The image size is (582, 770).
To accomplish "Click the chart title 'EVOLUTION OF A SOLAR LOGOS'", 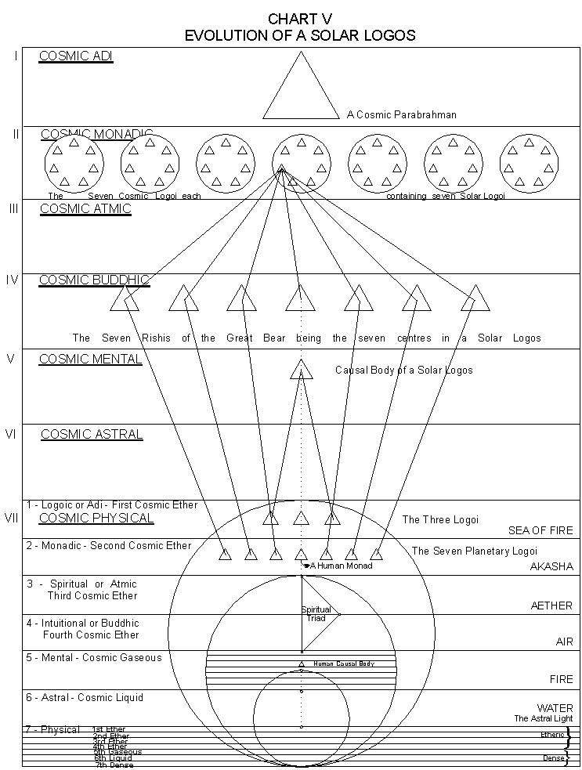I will coord(300,35).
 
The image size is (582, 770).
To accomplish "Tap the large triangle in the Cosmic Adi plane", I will coord(301,90).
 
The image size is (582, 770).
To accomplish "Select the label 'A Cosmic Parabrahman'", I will coord(402,114).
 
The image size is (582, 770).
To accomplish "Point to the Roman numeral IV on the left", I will coord(12,280).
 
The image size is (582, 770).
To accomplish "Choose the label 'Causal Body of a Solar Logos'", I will coord(403,370).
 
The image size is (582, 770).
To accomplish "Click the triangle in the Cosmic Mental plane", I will coord(301,369).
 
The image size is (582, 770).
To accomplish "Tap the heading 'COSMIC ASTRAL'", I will coord(92,434).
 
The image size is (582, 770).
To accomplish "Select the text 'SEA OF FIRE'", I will coord(540,530).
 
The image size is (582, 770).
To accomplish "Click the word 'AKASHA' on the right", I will coord(551,566).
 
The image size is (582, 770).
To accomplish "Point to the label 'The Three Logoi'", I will coord(440,519).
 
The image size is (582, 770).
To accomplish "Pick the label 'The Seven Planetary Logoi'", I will coord(475,551).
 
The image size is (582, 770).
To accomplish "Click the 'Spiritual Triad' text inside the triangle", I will coord(316,614).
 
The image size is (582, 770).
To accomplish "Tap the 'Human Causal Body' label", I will coord(344,663).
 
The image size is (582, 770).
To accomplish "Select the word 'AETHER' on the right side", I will coord(551,606).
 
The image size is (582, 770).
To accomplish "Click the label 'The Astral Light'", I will coord(543,718).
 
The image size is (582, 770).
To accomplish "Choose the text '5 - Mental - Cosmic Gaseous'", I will coord(94,657).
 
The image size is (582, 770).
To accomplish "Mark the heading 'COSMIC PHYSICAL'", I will coord(96,518).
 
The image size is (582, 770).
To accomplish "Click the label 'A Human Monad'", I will coord(342,566).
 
